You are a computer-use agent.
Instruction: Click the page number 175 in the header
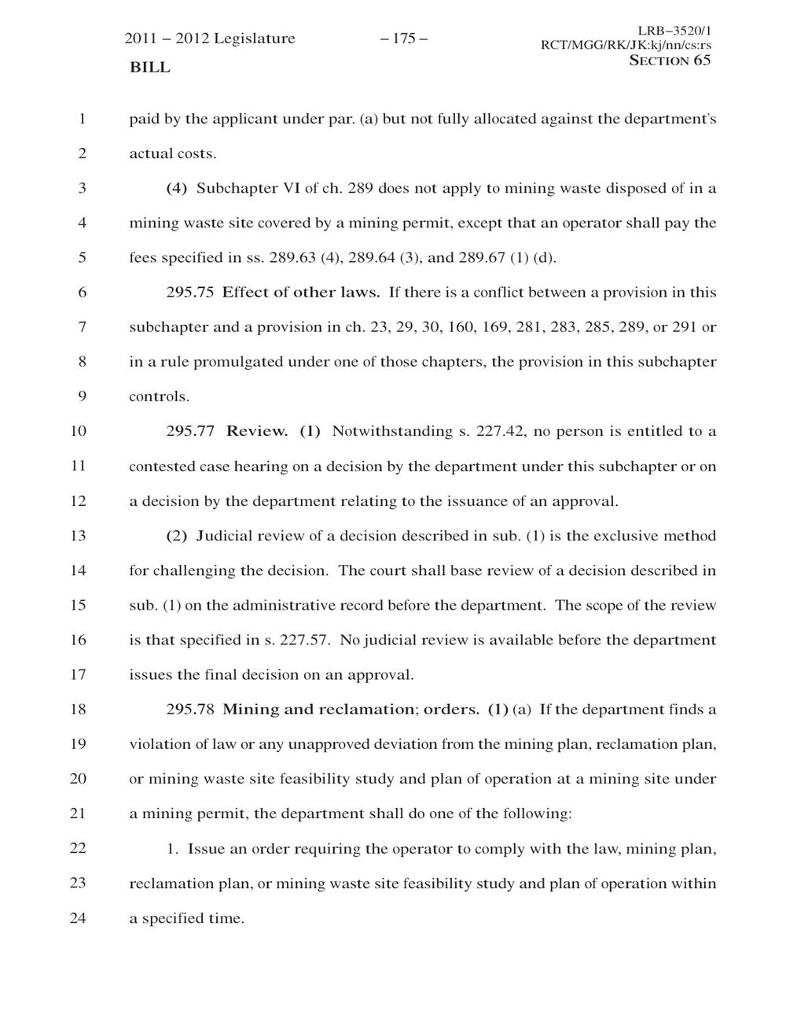(x=403, y=39)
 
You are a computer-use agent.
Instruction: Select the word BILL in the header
(x=149, y=68)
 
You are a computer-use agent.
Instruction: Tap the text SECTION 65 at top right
(x=670, y=61)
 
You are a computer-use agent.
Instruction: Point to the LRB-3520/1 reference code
(x=678, y=30)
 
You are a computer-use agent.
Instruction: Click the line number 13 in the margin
(x=77, y=536)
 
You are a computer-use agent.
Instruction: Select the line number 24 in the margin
(x=77, y=917)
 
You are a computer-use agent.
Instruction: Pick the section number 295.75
(x=190, y=293)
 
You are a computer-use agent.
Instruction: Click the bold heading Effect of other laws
(x=301, y=293)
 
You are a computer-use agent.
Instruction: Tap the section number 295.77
(x=190, y=431)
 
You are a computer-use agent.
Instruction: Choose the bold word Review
(x=257, y=431)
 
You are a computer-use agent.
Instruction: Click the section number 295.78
(x=190, y=710)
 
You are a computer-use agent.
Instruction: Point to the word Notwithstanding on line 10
(x=391, y=431)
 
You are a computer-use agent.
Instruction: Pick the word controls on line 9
(x=159, y=397)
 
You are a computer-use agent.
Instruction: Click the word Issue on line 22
(x=207, y=848)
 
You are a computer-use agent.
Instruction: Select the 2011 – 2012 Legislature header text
(x=210, y=39)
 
